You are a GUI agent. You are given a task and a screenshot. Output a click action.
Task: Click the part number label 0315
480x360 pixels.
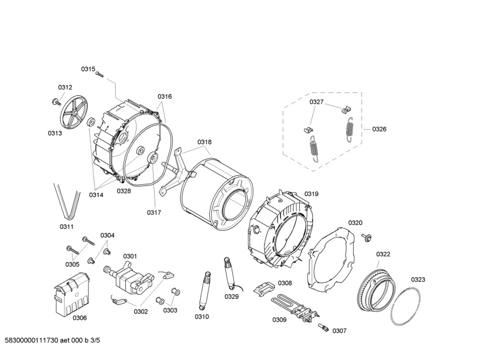coord(88,69)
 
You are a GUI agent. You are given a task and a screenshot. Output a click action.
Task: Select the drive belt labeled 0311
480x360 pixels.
coord(67,201)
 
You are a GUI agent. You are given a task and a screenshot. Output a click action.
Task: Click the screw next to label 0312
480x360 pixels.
coord(56,101)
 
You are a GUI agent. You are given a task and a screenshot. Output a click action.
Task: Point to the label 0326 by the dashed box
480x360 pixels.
coord(379,129)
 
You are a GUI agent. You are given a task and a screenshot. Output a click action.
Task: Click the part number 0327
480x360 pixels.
coord(316,102)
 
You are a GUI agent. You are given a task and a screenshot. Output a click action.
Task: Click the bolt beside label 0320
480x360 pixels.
coord(366,236)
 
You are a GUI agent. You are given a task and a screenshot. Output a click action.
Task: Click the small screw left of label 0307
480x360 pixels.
coord(324,327)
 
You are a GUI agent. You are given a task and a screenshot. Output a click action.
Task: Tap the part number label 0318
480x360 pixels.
coord(205,142)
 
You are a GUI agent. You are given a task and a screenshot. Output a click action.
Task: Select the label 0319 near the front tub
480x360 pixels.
coord(311,193)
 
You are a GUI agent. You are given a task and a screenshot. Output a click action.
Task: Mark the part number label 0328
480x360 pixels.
coord(124,191)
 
